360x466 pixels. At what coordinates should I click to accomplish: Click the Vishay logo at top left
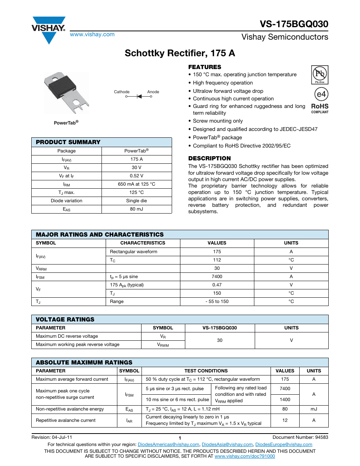coord(49,29)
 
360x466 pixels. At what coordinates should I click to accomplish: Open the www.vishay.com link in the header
coord(92,34)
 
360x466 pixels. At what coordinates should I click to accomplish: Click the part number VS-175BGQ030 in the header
coord(294,24)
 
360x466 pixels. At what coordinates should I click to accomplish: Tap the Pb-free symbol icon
coord(320,74)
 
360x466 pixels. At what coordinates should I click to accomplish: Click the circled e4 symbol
coord(321,94)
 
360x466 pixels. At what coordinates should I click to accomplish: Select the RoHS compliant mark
coord(320,108)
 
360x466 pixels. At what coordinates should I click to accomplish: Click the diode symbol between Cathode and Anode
coord(139,97)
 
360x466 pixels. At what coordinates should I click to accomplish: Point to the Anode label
coord(153,92)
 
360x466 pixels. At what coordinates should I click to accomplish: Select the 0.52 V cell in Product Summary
coord(137,176)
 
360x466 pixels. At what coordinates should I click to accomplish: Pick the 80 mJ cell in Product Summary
coord(137,209)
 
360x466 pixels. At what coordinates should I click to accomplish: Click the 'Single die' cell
coord(137,201)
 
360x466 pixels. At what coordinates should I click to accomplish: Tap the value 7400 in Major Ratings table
coord(217,277)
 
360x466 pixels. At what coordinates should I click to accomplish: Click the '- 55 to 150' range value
coord(217,301)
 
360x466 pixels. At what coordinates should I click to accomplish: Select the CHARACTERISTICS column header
coord(143,243)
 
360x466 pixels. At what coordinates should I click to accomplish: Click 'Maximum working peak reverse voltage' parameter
coord(78,345)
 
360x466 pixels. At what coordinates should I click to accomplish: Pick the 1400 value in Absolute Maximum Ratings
coord(285,400)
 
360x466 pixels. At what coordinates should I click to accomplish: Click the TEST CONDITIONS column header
coord(206,371)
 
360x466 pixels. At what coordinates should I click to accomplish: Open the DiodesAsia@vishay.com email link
coord(227,444)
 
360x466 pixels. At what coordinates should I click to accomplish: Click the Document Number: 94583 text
coord(300,437)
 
